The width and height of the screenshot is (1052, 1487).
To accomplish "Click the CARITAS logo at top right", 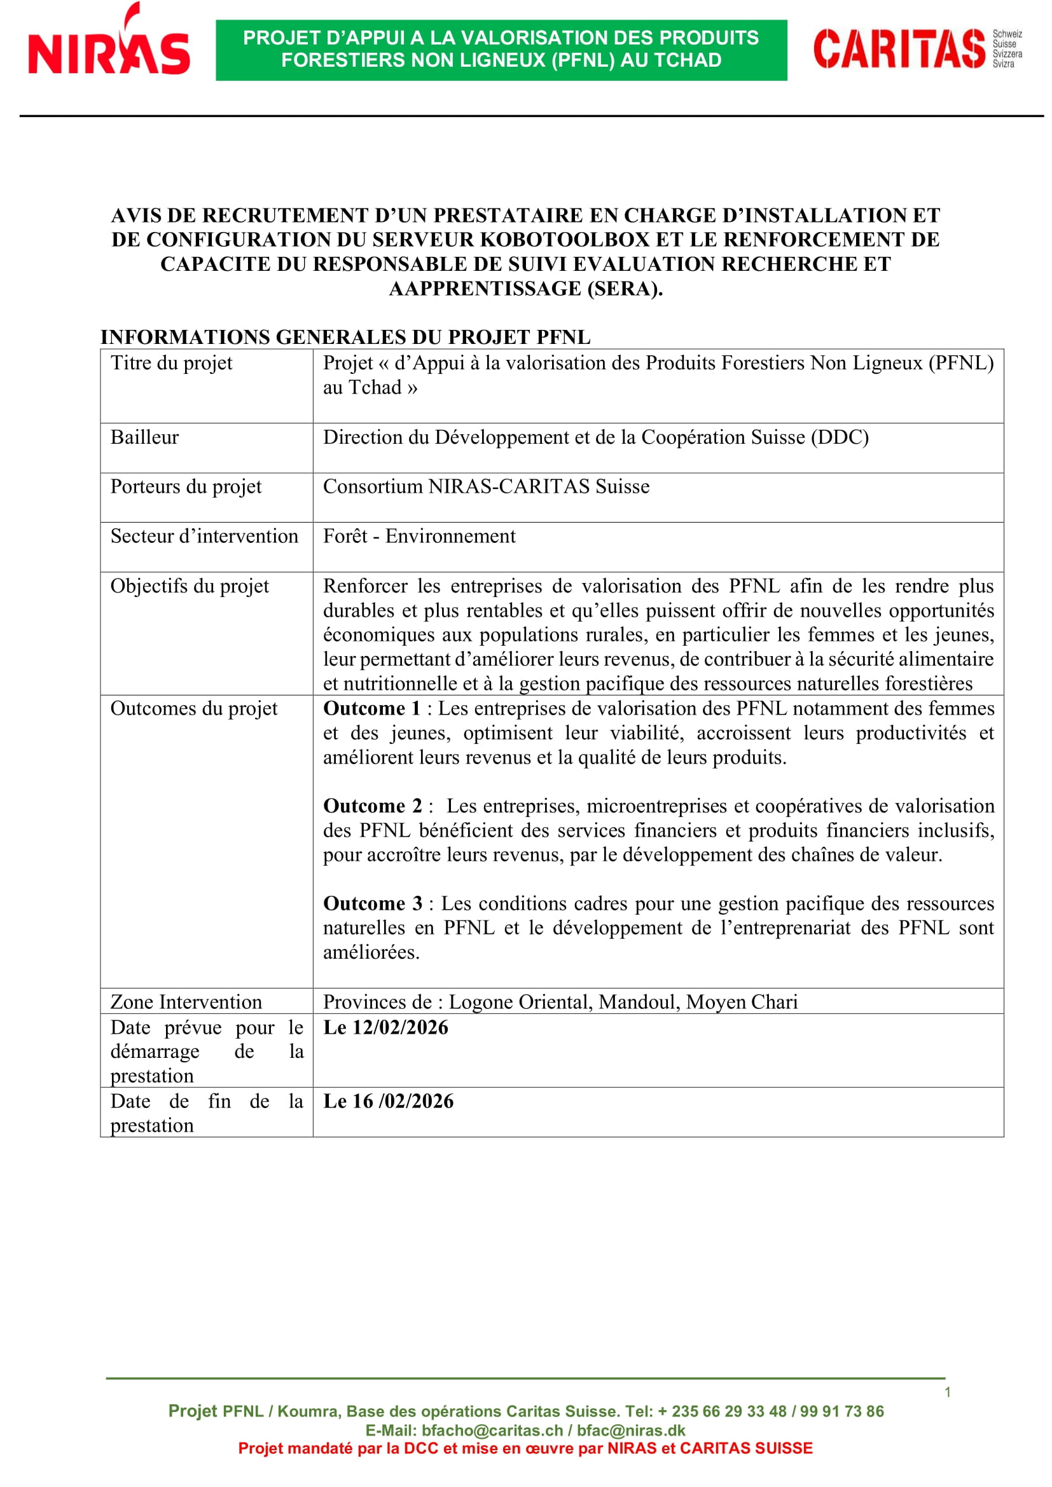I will (917, 49).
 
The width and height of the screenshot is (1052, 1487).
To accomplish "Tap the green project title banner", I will (501, 49).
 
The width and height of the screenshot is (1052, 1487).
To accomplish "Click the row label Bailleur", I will (144, 438).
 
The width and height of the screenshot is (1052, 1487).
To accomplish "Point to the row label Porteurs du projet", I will (186, 487).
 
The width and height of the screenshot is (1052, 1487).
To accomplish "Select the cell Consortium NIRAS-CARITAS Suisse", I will (486, 487).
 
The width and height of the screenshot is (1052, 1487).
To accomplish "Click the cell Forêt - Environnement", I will (419, 537).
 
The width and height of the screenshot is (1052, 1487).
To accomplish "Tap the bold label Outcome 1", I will (372, 708).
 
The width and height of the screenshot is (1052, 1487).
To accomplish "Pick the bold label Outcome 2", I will (373, 806).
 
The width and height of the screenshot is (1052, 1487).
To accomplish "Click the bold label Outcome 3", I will (373, 903).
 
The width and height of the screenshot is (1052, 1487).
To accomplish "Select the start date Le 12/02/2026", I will (385, 1028).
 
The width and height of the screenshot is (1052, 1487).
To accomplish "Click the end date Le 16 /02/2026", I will (388, 1102).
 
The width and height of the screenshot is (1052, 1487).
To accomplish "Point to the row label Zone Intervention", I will (186, 1003).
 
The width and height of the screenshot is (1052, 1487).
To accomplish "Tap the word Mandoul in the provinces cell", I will (639, 1003).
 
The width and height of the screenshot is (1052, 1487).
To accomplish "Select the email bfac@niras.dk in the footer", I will (630, 1430).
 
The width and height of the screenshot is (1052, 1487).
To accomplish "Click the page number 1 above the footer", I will (947, 1392).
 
